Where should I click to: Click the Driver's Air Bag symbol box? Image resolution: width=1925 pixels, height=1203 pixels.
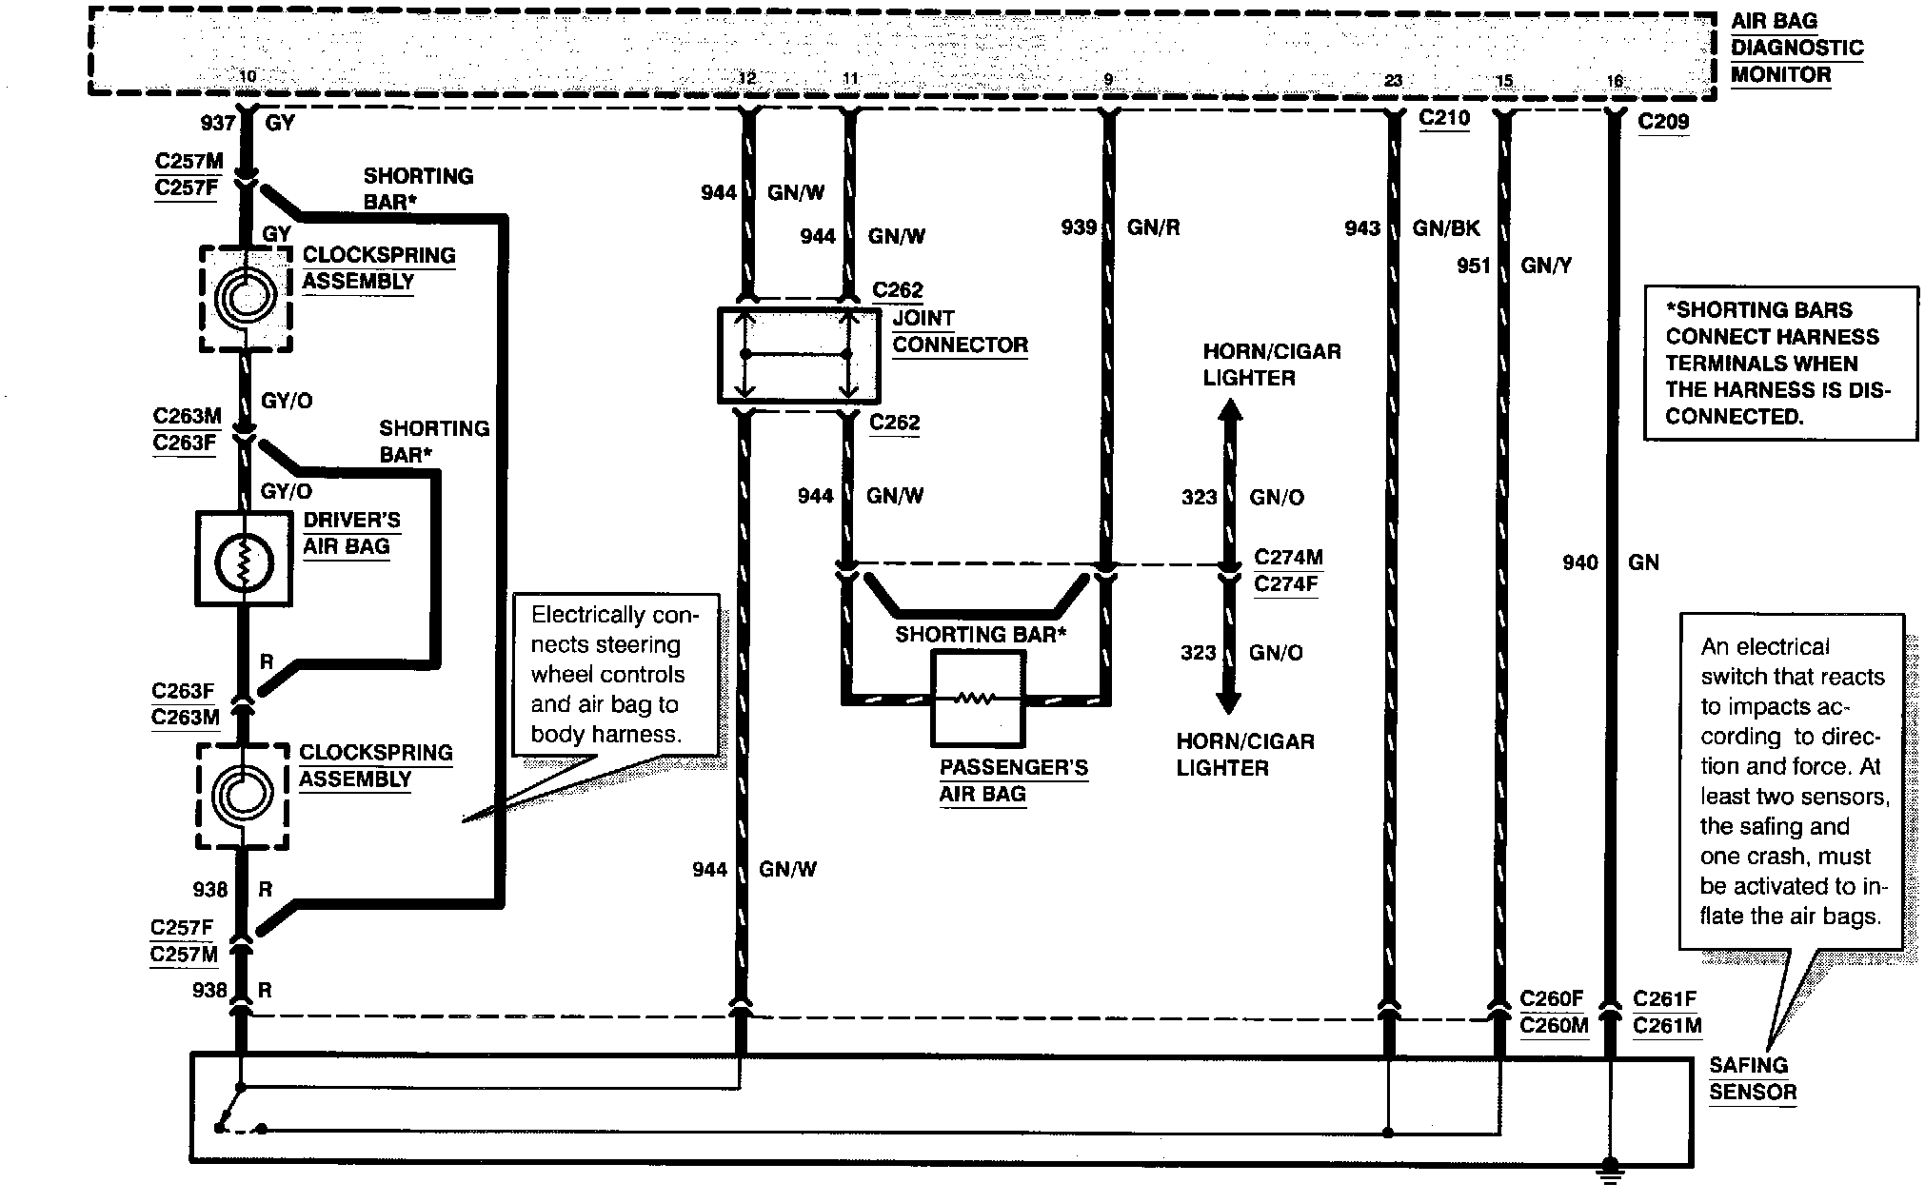coord(244,560)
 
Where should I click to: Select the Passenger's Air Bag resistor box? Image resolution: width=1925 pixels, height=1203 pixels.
coord(978,699)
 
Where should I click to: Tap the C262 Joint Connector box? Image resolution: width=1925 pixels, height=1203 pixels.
coord(798,354)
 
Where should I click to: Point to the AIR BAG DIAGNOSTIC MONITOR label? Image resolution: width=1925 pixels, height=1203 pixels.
coord(1796,48)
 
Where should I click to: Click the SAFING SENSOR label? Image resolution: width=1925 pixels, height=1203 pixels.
coord(1752,1078)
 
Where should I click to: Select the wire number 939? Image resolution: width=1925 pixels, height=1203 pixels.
coord(1079,227)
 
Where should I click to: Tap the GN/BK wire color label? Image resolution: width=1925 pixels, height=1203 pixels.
coord(1446,227)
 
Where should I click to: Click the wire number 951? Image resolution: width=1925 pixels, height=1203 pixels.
coord(1473,266)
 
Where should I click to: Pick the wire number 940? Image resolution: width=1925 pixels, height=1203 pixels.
coord(1579,562)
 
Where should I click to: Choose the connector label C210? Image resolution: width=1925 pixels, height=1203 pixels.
coord(1444,118)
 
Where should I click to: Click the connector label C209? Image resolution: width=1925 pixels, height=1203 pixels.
coord(1663,122)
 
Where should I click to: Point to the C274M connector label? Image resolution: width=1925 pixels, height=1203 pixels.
coord(1288,557)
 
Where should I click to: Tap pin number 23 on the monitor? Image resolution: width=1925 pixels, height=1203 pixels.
coord(1393,81)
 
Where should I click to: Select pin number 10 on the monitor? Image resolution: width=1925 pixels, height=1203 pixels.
coord(248,76)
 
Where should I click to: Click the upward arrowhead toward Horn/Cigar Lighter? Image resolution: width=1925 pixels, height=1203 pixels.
coord(1229,412)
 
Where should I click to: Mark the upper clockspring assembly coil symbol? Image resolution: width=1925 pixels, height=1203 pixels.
coord(246,299)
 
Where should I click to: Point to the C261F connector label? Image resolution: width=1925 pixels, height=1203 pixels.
coord(1664,998)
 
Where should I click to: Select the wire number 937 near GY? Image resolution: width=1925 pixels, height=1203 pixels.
coord(217,123)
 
